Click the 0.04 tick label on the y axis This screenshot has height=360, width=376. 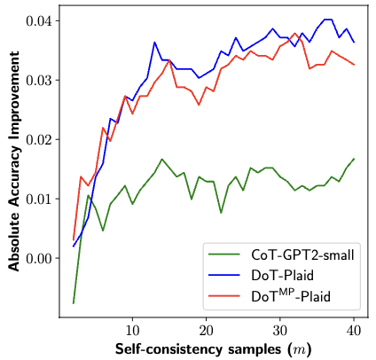point(38,21)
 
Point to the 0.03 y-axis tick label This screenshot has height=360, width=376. point(38,81)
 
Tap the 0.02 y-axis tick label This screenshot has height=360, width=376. point(38,139)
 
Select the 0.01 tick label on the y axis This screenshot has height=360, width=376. point(38,199)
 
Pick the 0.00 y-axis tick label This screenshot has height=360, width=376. point(38,258)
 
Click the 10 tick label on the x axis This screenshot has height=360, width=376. point(132,330)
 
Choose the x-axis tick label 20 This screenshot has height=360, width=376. point(206,330)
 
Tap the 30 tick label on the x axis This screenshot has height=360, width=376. point(280,330)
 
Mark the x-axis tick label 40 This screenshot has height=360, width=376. point(354,330)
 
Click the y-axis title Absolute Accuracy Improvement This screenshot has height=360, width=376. point(14,161)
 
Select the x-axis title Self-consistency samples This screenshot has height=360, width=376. point(198,349)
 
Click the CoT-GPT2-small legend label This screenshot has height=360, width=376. point(302,254)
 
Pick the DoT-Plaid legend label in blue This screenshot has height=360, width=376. point(282,276)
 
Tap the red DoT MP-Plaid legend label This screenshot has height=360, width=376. point(291,295)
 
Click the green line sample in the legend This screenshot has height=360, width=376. point(223,254)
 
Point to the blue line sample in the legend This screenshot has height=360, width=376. point(223,275)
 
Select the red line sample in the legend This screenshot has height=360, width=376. point(223,295)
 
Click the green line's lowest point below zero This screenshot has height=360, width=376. point(74,303)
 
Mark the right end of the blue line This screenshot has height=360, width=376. point(354,43)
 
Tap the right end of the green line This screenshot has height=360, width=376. point(354,159)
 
